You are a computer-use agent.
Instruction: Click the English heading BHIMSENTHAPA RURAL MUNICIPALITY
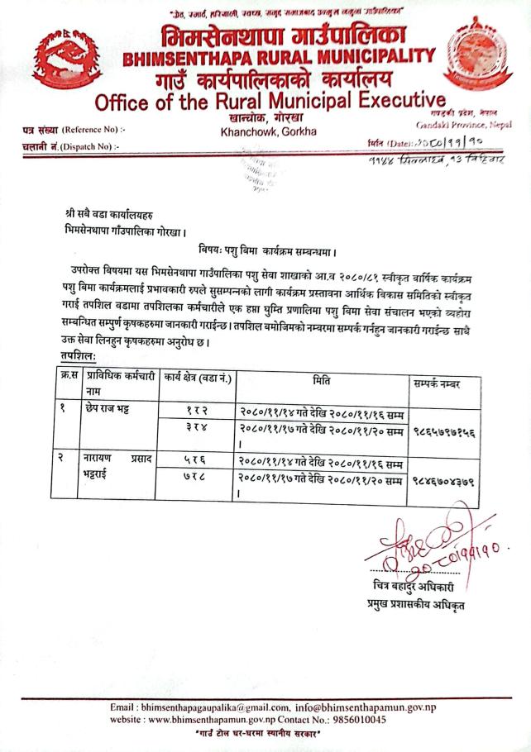click(x=278, y=59)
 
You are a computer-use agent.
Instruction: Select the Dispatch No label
click(x=71, y=146)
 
